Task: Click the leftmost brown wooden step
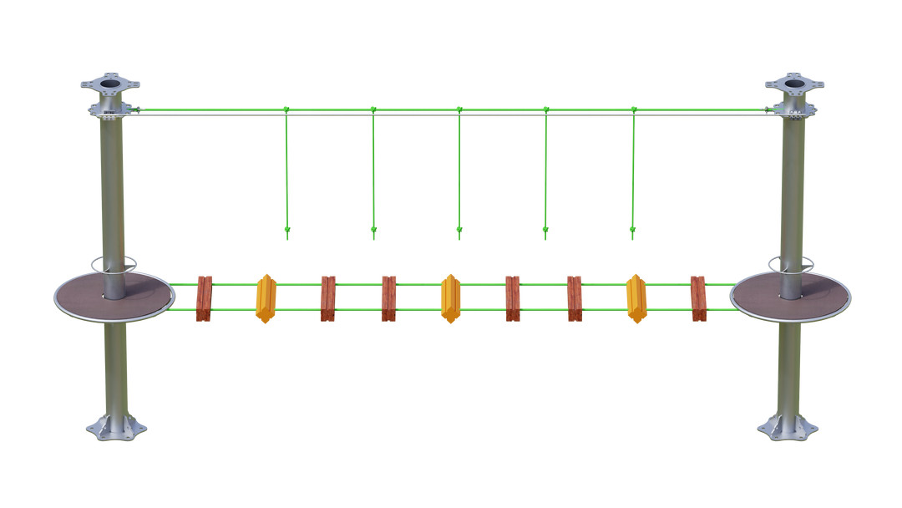(204, 298)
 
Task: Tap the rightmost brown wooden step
(698, 298)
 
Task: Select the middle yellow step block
(449, 298)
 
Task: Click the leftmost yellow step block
(266, 298)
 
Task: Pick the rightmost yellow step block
(636, 298)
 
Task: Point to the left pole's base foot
(116, 428)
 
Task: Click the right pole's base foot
(788, 428)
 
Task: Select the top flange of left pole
(109, 84)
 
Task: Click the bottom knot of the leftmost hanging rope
(286, 228)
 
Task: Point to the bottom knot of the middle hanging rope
(459, 228)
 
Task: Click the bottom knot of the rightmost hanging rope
(632, 228)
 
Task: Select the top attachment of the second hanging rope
(372, 109)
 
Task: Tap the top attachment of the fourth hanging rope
(545, 109)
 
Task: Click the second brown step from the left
(327, 298)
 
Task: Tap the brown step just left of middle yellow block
(388, 298)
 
